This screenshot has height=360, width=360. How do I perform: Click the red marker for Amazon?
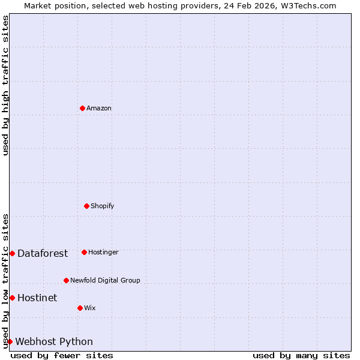(x=82, y=108)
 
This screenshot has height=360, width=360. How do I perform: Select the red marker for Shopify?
(x=86, y=206)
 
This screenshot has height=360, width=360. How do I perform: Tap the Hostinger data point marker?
(x=84, y=252)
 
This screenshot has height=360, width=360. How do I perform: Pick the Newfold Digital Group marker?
(x=66, y=280)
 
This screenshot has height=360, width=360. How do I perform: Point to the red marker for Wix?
(x=80, y=308)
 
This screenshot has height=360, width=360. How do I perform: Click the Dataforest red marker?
(x=12, y=253)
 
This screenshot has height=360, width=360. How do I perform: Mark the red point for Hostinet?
(x=12, y=298)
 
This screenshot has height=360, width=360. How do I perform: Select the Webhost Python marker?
(x=10, y=341)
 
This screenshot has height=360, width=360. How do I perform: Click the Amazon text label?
(x=99, y=108)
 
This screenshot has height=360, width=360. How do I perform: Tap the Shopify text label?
(x=103, y=206)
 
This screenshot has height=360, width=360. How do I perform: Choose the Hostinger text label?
(x=103, y=252)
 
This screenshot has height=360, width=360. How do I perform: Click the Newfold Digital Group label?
(x=105, y=280)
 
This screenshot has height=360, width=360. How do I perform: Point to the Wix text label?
(x=90, y=308)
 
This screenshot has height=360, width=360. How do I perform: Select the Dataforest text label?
(x=43, y=253)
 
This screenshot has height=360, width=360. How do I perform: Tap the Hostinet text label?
(x=37, y=298)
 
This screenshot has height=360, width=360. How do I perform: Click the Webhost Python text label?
(x=54, y=341)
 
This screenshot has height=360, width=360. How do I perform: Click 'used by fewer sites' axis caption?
(x=62, y=355)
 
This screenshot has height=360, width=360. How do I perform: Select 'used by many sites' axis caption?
(x=301, y=355)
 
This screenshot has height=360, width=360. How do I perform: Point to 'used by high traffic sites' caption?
(x=5, y=85)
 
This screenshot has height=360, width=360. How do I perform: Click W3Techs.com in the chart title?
(x=307, y=5)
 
